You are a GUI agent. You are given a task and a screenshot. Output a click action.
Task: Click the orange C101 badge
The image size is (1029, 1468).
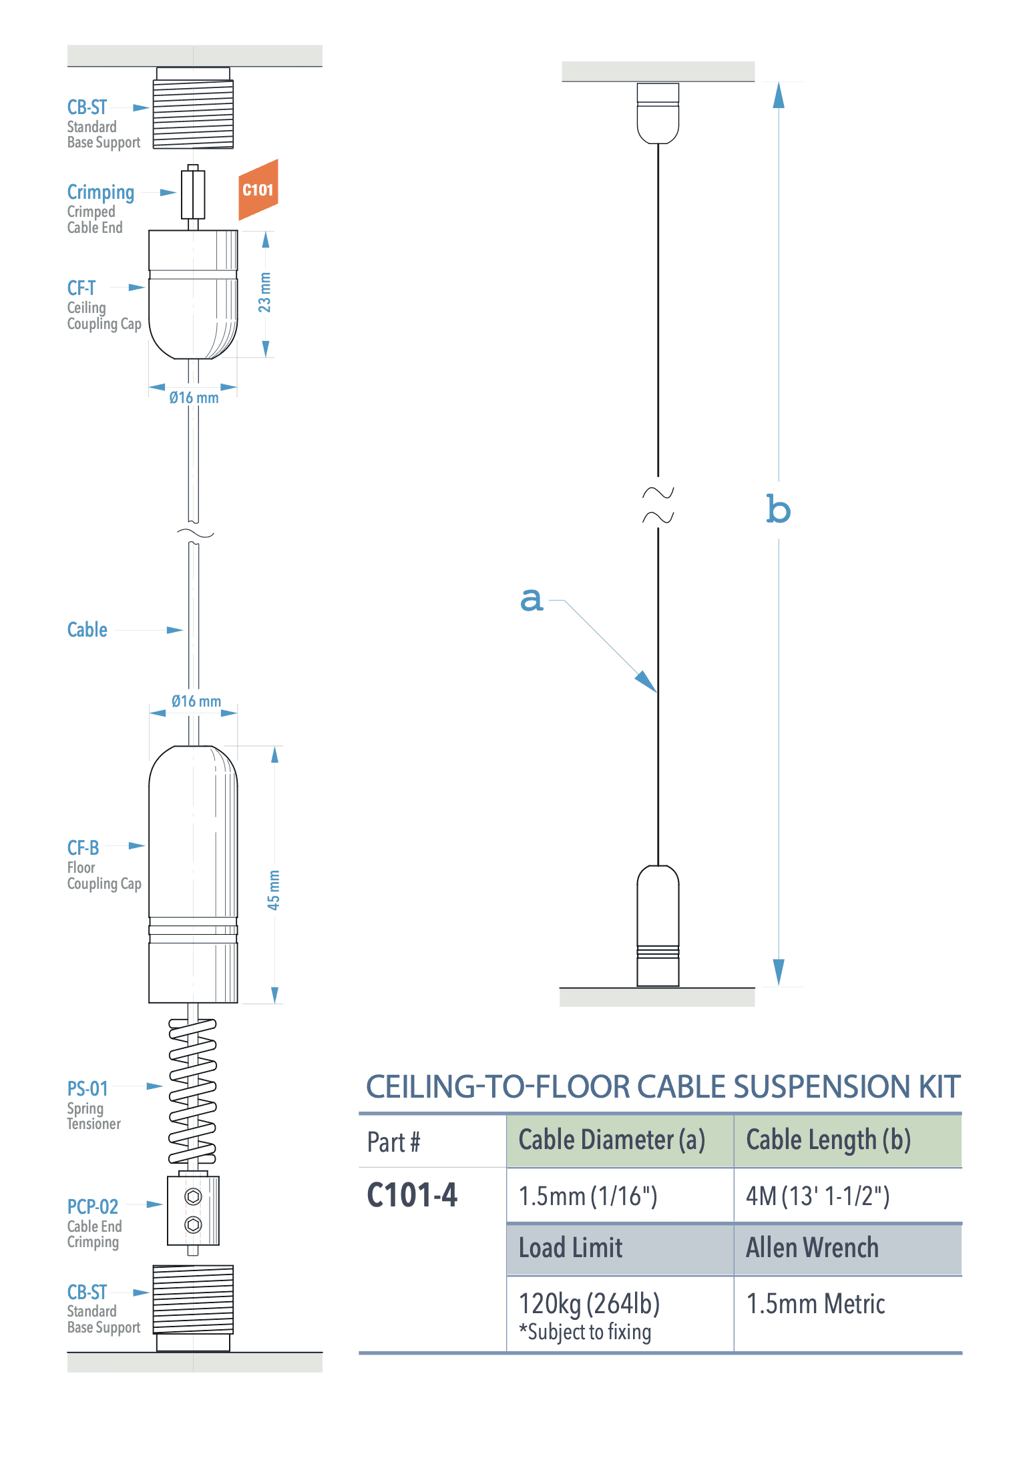(x=258, y=190)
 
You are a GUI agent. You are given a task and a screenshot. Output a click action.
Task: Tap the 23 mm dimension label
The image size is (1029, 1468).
(x=265, y=293)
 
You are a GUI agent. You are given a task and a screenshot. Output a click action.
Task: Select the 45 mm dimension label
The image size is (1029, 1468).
(x=274, y=889)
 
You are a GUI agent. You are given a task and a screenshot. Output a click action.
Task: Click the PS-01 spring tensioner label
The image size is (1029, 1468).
(x=87, y=1089)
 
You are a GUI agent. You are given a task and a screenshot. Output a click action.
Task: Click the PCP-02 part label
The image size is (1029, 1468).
(x=92, y=1206)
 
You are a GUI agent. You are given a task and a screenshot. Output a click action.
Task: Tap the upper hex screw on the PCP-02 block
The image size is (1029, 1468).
(x=193, y=1196)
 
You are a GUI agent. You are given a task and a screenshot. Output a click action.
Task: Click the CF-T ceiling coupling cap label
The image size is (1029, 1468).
(x=81, y=288)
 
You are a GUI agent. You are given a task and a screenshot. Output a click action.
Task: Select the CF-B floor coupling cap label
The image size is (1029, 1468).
(x=83, y=848)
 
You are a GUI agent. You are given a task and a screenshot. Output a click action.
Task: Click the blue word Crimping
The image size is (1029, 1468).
(x=101, y=192)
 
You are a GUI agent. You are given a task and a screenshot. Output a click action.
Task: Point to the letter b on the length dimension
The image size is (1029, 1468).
(x=778, y=510)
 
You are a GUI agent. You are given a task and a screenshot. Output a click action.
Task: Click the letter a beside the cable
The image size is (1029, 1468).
(x=532, y=599)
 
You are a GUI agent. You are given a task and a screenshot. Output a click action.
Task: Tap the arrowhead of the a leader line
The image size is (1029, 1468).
(x=646, y=682)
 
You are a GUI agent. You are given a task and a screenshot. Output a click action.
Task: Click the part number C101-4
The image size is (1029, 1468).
(x=412, y=1195)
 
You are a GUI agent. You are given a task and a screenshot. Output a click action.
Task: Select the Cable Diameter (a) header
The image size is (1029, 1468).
(x=612, y=1140)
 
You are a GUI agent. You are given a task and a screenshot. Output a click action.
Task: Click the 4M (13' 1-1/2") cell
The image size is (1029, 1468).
(x=817, y=1196)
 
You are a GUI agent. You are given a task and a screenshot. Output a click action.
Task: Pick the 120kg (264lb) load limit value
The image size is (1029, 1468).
(x=589, y=1304)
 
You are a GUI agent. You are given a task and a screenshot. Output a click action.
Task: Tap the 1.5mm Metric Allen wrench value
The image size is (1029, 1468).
(x=815, y=1304)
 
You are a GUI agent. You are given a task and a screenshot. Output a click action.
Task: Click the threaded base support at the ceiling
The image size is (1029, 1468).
(x=193, y=113)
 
